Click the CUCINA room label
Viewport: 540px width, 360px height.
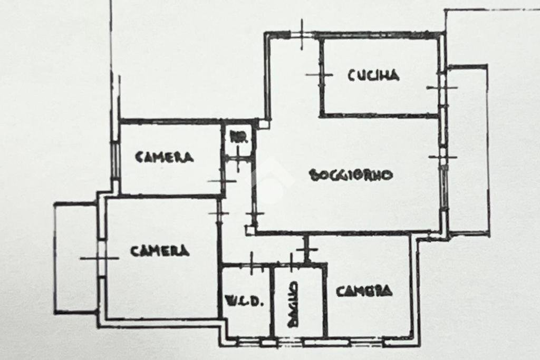pos(373,75)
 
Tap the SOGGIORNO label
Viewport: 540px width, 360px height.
pos(351,175)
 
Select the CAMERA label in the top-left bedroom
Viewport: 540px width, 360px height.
pos(165,157)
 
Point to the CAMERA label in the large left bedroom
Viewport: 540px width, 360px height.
pos(160,251)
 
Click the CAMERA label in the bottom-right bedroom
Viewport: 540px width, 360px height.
pos(364,290)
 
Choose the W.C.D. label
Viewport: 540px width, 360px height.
pos(244,302)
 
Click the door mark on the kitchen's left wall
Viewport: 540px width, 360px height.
pos(320,75)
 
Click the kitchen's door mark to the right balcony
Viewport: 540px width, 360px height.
pos(442,87)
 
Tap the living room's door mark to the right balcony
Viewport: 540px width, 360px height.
pos(442,157)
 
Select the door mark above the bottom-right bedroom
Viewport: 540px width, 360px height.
pos(306,249)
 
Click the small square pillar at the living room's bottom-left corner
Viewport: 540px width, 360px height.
pos(250,229)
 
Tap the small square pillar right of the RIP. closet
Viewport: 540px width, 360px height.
pos(263,124)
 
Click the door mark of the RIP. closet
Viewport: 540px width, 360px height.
pos(238,158)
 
